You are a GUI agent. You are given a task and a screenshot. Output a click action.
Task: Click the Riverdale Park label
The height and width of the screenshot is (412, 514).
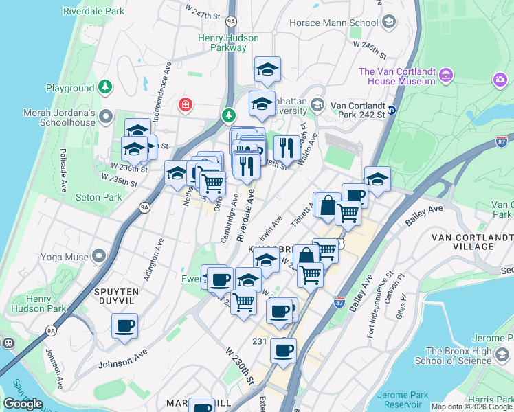(93, 12)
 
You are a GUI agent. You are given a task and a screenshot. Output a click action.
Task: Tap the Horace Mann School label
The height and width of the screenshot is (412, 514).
(344, 23)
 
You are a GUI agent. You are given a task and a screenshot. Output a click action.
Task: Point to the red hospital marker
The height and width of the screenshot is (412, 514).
(184, 105)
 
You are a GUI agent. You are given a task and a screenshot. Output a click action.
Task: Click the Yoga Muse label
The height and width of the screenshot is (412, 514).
(66, 257)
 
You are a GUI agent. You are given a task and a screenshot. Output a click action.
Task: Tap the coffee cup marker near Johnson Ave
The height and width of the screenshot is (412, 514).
(124, 326)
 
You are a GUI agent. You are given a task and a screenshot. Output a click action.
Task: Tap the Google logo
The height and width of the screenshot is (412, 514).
(22, 404)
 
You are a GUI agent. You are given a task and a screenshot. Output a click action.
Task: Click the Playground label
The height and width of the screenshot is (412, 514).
(70, 88)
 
